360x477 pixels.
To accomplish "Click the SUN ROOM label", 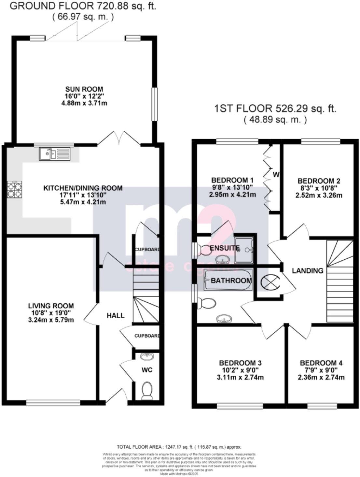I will pos(84,89).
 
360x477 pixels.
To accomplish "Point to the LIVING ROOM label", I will pos(51,306).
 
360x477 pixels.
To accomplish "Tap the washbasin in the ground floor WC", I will pos(147,357).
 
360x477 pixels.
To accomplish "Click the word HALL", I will pos(116,315).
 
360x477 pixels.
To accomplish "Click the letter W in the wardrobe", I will pos(276,175).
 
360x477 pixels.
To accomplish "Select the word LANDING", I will pos(308,270).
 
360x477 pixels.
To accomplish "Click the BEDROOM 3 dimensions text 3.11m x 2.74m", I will pos(240,378).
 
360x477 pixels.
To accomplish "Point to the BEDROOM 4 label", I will pos(321,363).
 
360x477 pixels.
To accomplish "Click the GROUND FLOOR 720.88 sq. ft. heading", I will pos(83,6).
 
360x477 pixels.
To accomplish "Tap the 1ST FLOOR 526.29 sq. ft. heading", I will pos(275,108).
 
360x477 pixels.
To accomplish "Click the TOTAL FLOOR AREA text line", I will pos(179,447).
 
